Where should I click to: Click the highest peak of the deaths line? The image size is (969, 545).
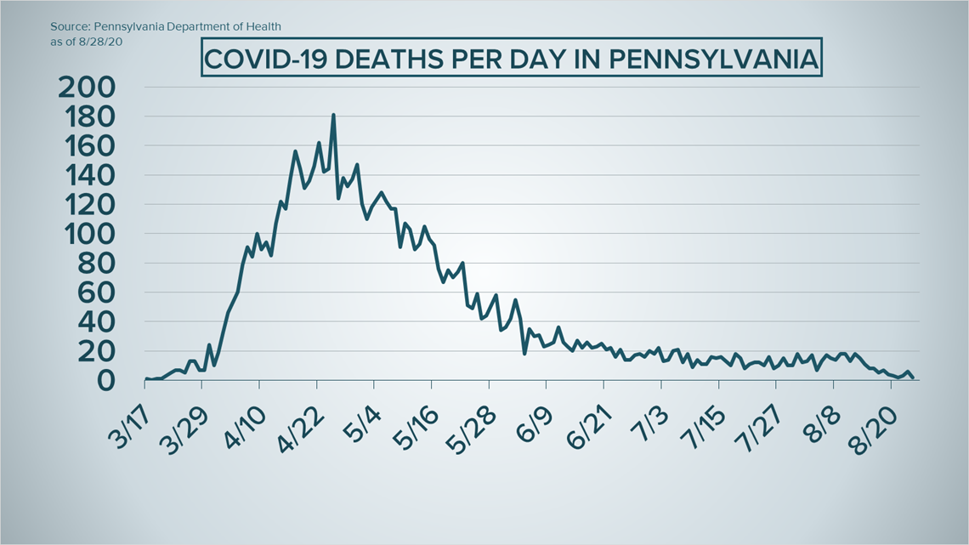pyautogui.click(x=333, y=115)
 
